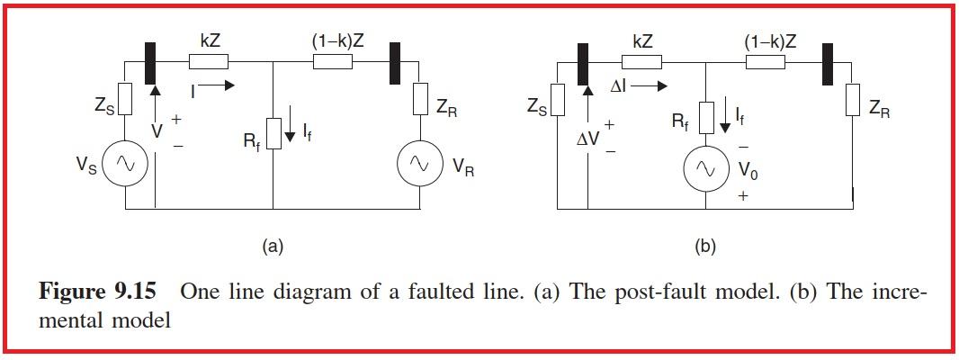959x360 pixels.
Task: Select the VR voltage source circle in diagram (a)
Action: [417, 162]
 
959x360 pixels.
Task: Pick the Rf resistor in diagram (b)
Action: [706, 115]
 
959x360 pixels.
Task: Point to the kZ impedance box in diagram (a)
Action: [209, 61]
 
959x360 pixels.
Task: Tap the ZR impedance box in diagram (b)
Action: [851, 103]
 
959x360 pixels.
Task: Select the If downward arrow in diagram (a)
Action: [291, 136]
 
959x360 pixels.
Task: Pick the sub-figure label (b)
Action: [705, 245]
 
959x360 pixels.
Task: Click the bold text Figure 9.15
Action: [97, 292]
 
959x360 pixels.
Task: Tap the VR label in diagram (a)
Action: [463, 167]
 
